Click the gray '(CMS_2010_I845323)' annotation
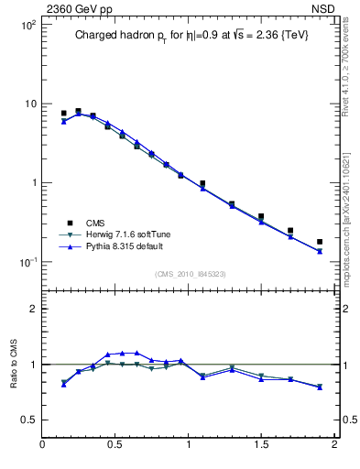(x=186, y=274)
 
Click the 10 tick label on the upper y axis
(x=29, y=104)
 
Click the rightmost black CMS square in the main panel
(x=320, y=242)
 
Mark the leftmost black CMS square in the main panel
(x=63, y=114)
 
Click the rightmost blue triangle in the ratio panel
(x=320, y=387)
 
